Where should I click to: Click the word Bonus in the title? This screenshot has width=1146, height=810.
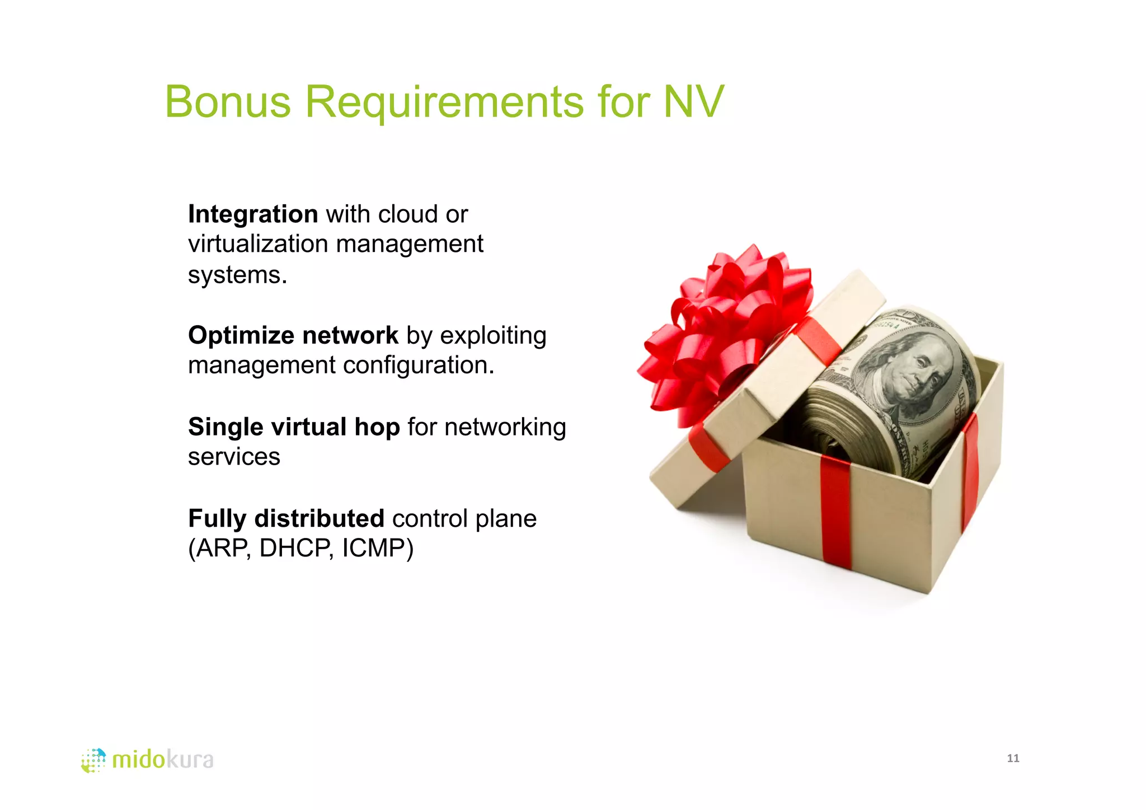(228, 102)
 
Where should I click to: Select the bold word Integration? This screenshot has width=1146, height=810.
(253, 214)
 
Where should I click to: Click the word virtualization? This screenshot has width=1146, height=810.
(258, 244)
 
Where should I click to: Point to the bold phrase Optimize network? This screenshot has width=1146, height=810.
(293, 335)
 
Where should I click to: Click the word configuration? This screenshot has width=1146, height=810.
(419, 366)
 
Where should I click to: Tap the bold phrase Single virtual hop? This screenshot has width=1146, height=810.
(294, 427)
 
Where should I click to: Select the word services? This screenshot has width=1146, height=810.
(234, 457)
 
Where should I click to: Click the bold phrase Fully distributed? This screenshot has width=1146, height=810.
(286, 518)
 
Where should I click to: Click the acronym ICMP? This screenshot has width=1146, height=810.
(377, 549)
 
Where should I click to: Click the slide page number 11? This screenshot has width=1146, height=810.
(1013, 759)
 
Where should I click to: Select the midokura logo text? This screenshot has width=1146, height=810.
(163, 760)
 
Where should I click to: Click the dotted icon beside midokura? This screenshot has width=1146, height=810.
(93, 760)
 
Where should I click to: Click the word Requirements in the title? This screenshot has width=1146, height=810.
(444, 102)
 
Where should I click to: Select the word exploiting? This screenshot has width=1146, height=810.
(493, 335)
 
